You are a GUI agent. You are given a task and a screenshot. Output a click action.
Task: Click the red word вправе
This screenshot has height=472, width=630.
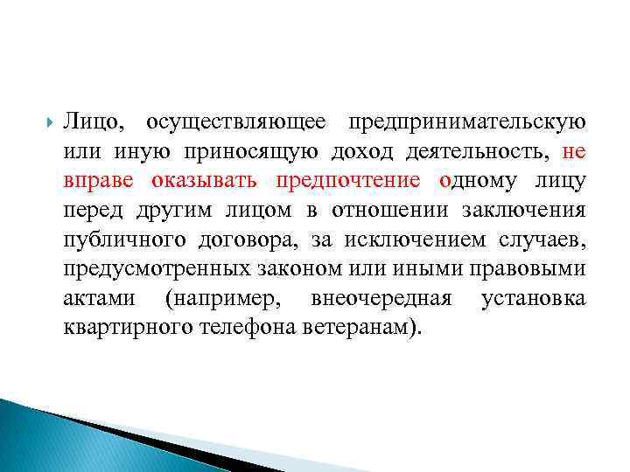coord(100,181)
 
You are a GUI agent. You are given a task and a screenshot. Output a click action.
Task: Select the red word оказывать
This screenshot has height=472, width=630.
coord(203,181)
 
